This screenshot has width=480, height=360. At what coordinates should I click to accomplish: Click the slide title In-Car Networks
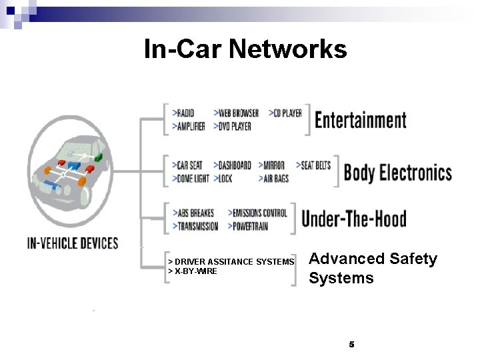245,49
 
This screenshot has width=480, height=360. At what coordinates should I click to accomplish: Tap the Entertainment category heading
360,120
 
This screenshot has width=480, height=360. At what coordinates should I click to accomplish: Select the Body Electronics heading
397,173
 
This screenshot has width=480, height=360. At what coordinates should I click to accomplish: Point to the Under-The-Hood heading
353,219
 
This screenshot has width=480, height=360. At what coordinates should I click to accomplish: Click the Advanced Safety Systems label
373,268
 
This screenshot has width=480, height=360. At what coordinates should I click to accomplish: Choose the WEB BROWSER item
237,113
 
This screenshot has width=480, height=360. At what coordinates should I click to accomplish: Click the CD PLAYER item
286,113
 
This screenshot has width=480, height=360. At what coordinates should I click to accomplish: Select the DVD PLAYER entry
233,125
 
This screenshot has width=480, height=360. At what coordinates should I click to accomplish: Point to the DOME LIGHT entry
191,179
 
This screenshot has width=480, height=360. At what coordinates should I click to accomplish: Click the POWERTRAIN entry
251,226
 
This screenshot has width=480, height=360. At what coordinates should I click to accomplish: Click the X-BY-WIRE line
193,271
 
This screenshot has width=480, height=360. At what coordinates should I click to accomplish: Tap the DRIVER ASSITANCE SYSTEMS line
231,262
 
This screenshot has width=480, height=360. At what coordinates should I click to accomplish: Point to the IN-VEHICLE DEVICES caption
72,243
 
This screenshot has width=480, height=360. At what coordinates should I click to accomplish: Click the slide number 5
351,344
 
